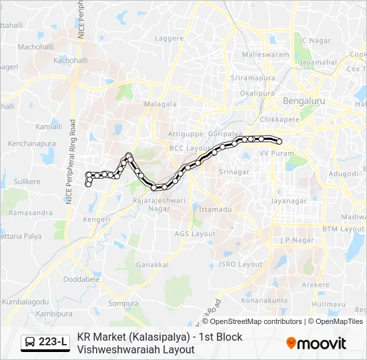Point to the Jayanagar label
point(289,200)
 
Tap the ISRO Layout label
point(241,264)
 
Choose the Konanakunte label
point(264,300)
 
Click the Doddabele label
point(81,280)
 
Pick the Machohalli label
point(35,47)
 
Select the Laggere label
point(169,39)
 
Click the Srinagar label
point(234,171)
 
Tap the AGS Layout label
point(195,234)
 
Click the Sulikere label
point(27,181)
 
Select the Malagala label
point(160,104)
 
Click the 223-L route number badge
point(45,343)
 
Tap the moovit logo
point(316,343)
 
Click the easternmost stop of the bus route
point(279,141)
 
